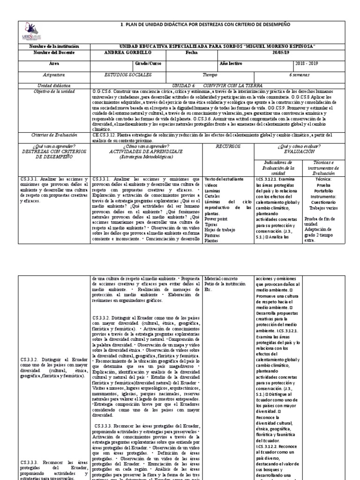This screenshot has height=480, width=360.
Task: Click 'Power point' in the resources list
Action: click(x=217, y=218)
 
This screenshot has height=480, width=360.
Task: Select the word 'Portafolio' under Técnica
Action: click(x=321, y=190)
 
